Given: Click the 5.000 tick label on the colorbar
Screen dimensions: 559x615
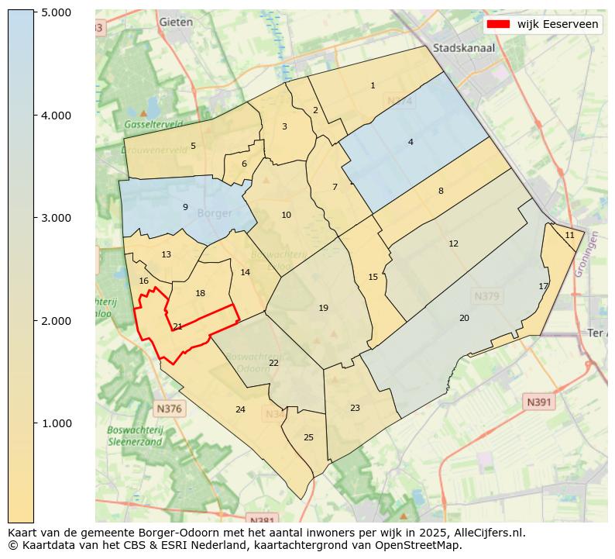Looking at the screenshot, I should point(56,12).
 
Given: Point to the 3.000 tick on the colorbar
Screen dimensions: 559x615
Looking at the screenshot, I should point(56,218).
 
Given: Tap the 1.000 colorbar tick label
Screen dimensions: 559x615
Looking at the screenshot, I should point(56,423).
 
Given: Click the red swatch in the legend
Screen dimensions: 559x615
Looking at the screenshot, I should point(498,24).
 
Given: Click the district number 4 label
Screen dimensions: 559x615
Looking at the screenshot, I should point(411,142).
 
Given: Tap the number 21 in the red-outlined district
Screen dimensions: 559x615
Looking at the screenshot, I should point(177,326).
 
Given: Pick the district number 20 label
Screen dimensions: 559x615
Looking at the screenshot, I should point(464,318).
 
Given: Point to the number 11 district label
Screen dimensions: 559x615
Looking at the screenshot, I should point(569,235).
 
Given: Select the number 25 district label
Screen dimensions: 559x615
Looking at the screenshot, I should point(308,437).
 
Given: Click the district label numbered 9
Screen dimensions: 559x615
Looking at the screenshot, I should point(185,207).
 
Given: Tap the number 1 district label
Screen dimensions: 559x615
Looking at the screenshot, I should point(373,85).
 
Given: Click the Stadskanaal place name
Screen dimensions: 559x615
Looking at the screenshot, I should point(464,47).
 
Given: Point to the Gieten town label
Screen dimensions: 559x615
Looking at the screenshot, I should point(176,22).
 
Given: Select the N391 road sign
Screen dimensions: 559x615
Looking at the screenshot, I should point(539,402).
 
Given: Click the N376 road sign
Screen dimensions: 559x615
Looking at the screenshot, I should point(169,409).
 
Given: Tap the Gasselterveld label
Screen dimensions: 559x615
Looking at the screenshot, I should point(153,124).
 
